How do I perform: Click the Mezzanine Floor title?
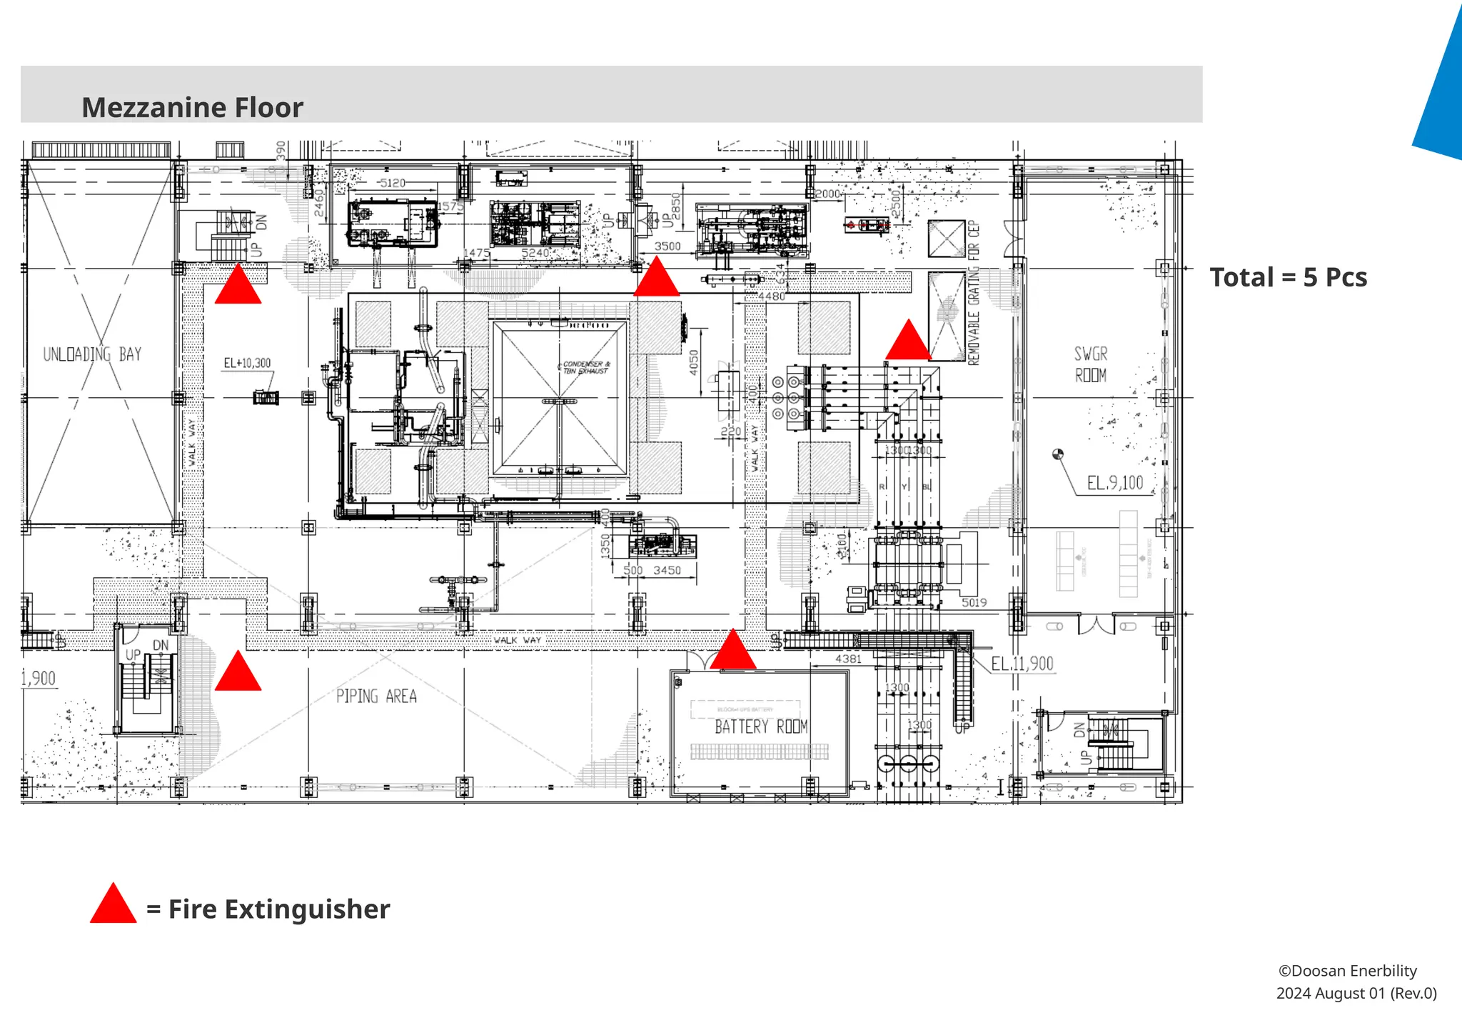click(x=192, y=108)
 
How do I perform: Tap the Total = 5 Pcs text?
click(x=1288, y=277)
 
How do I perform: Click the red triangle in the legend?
click(x=113, y=904)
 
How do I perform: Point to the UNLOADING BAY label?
click(x=92, y=354)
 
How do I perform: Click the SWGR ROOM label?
click(x=1091, y=364)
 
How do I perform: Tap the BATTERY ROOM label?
click(x=761, y=727)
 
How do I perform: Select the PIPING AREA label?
click(x=376, y=696)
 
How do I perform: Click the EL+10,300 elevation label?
click(x=247, y=363)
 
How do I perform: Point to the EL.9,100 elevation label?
click(x=1114, y=484)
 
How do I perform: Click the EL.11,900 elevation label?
click(x=1022, y=664)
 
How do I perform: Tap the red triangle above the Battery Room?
click(x=733, y=651)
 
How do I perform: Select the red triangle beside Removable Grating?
click(x=908, y=341)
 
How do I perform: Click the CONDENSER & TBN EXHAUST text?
click(x=585, y=367)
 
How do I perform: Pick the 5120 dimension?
click(x=392, y=183)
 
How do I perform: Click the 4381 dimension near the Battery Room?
click(x=848, y=659)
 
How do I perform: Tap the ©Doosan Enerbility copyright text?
click(x=1347, y=971)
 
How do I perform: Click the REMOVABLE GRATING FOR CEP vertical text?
click(x=974, y=293)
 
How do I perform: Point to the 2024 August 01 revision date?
click(x=1356, y=993)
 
